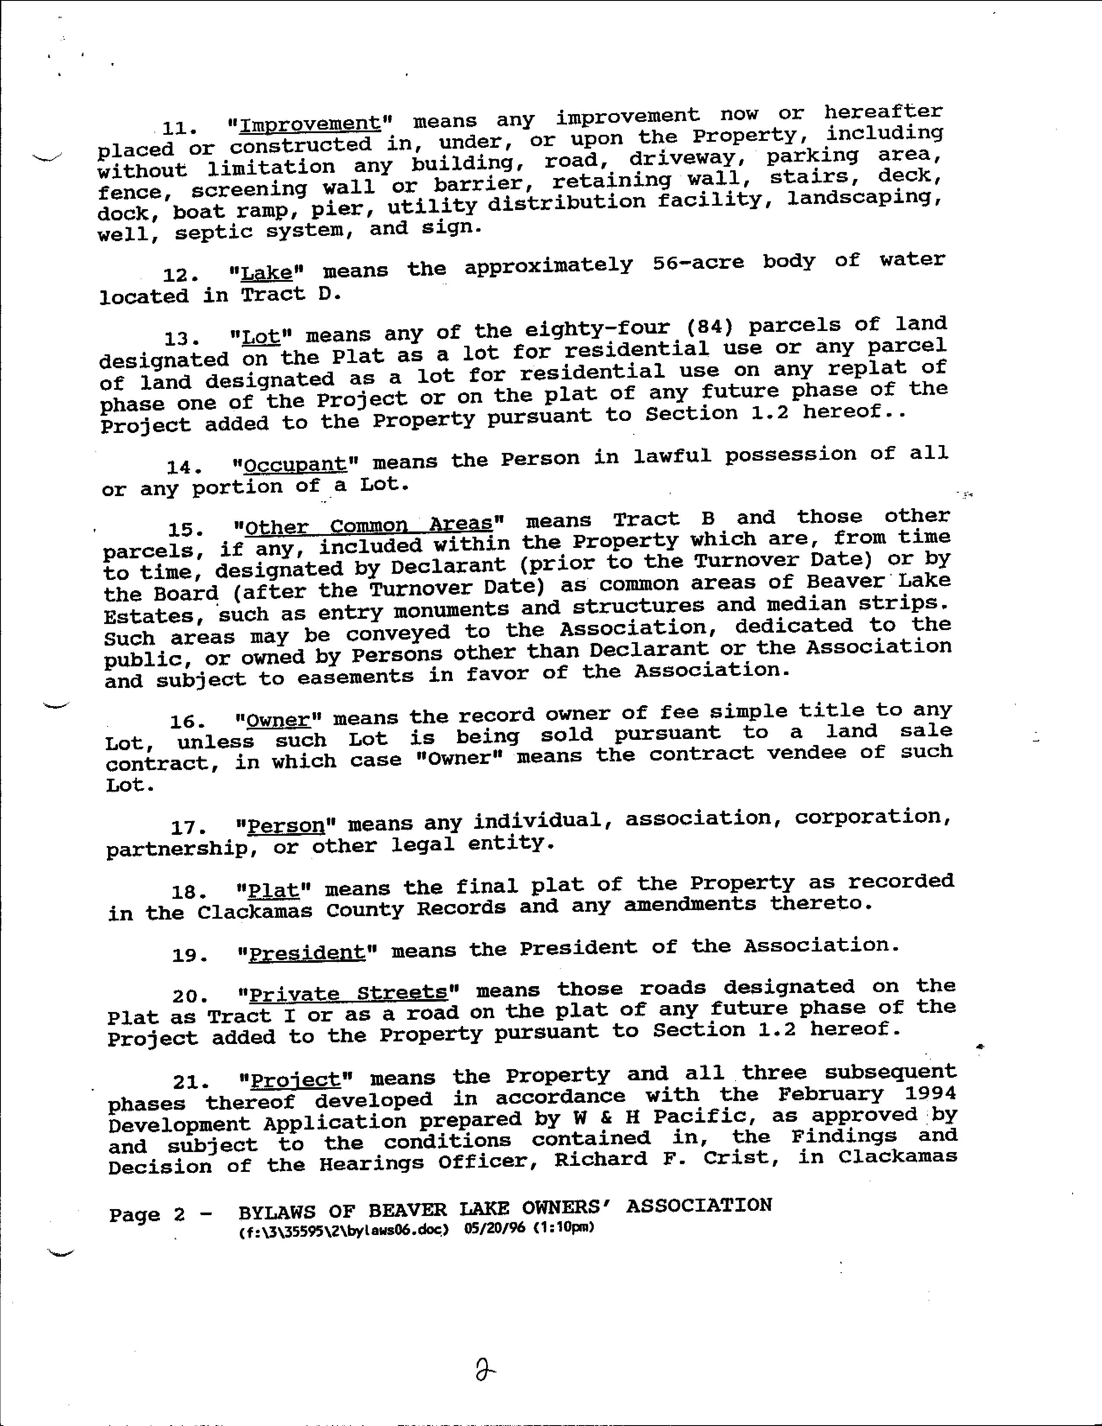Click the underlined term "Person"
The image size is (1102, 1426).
point(287,826)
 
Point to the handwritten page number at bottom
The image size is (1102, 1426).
point(485,1366)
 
